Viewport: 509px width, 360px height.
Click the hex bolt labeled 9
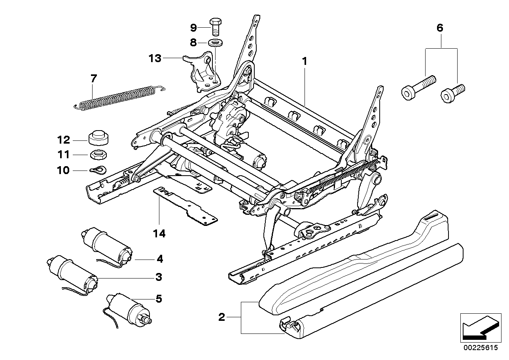click(x=215, y=26)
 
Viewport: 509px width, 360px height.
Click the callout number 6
click(x=440, y=28)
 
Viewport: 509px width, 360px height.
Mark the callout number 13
click(x=155, y=59)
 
